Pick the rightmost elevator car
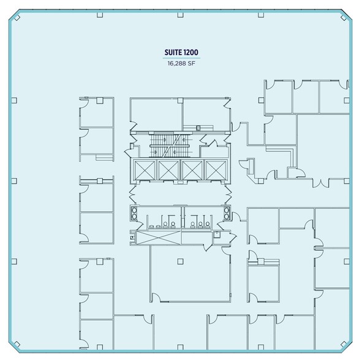click(214, 169)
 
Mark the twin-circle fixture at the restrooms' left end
click(134, 214)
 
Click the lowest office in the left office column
click(96, 333)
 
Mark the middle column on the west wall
click(14, 181)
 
